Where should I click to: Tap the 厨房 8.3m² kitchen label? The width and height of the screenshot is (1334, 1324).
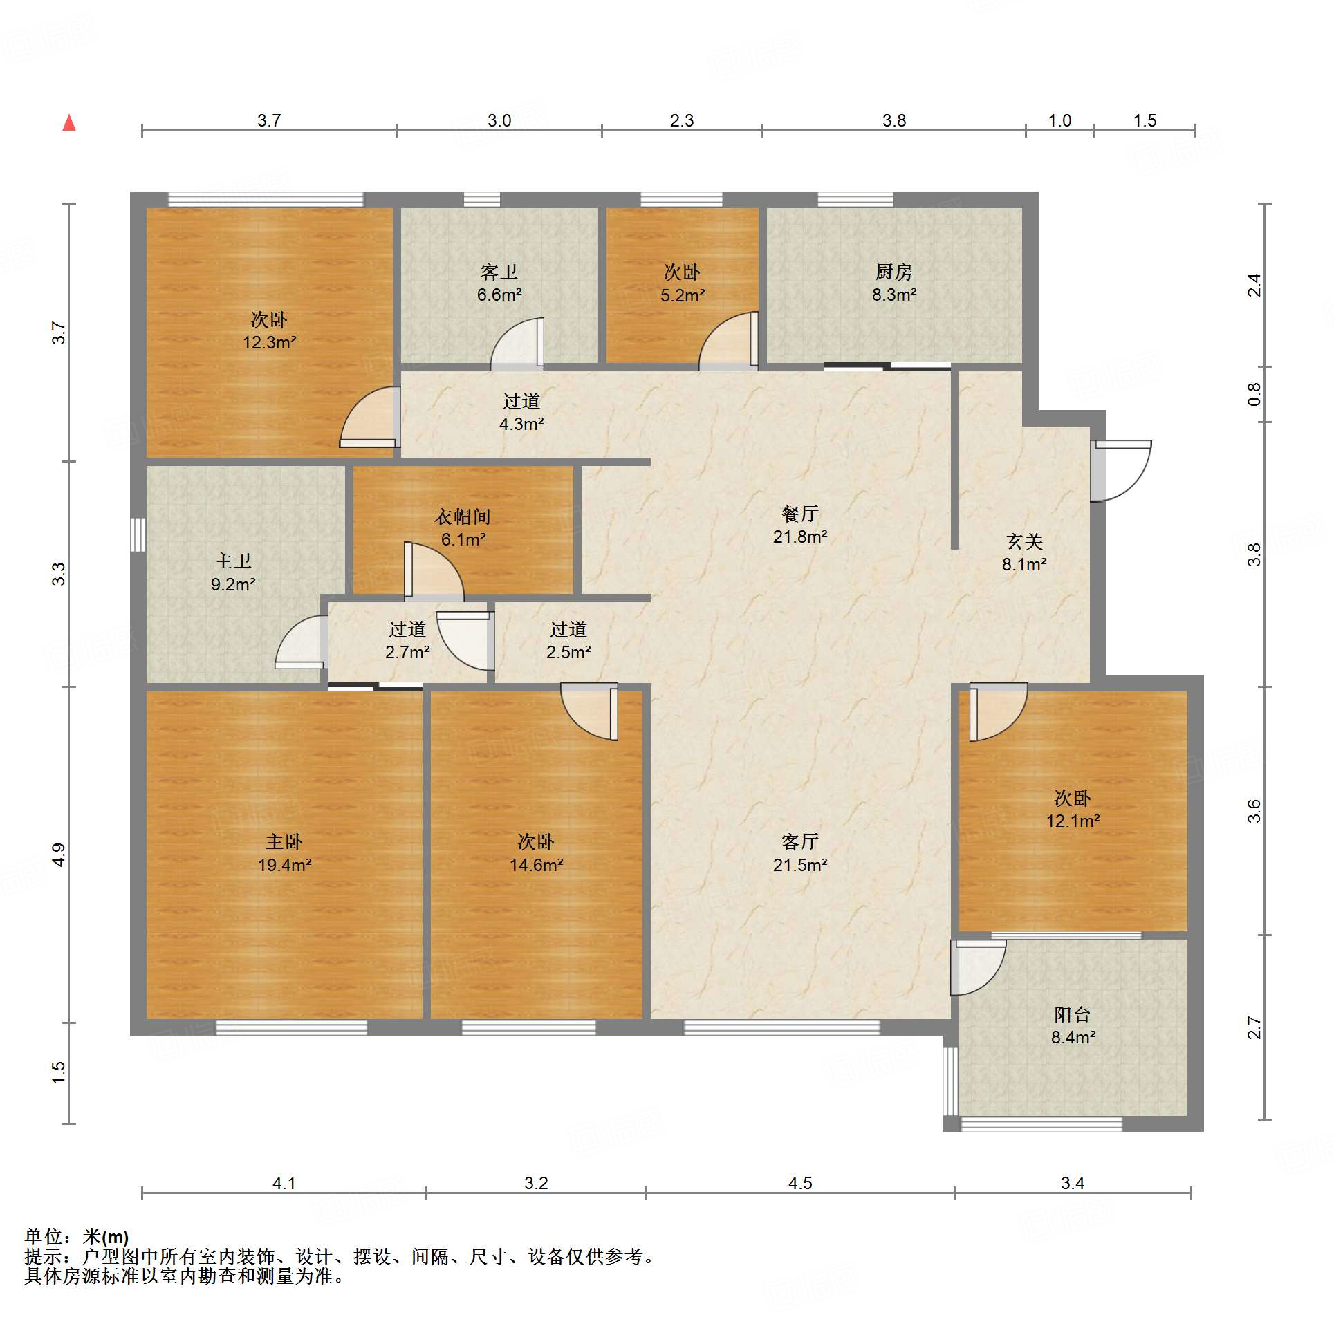coord(894,283)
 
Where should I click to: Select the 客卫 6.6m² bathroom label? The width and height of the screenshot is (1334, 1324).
coord(499,283)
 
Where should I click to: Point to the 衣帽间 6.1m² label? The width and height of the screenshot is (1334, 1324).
coord(463,528)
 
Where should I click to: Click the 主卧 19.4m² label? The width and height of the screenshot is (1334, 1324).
coord(284,852)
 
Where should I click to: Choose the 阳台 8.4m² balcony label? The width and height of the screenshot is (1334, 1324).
coord(1073,1025)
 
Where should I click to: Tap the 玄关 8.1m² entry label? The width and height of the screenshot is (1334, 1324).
coord(1024,552)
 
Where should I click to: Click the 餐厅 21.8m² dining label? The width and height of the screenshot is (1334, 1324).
coord(800,525)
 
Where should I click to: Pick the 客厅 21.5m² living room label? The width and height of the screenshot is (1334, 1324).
coord(800,852)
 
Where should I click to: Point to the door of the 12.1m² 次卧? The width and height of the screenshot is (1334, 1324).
coord(999,712)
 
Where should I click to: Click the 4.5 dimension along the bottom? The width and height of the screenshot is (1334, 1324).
coord(800,1183)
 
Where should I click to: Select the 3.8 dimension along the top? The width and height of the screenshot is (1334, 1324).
coord(894,120)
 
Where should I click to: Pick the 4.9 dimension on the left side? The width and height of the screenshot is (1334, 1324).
coord(59,855)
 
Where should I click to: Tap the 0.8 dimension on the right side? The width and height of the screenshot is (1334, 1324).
coord(1254,394)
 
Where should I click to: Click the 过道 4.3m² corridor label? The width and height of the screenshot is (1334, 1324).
coord(521,412)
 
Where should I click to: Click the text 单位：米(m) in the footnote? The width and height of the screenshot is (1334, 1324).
coord(77,1236)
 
